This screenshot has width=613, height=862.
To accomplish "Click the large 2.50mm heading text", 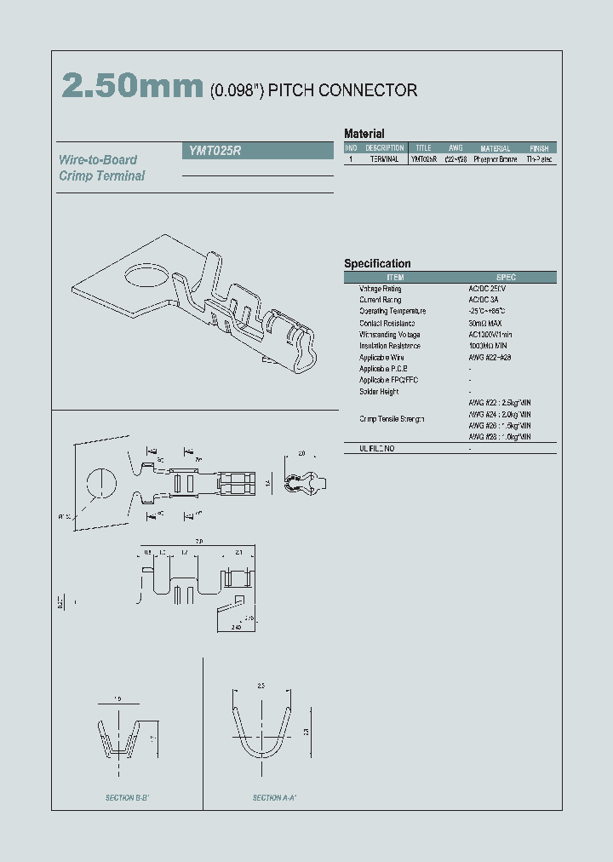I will pyautogui.click(x=132, y=87).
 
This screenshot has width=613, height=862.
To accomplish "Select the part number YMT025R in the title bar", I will pyautogui.click(x=212, y=150).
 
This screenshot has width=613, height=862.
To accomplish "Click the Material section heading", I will pyautogui.click(x=364, y=134).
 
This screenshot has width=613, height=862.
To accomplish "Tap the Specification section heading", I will pyautogui.click(x=377, y=264).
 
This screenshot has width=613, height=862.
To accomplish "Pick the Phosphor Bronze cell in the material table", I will pyautogui.click(x=496, y=159).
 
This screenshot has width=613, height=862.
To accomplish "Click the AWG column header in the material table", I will pyautogui.click(x=455, y=148).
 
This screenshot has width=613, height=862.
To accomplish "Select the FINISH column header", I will pyautogui.click(x=539, y=148).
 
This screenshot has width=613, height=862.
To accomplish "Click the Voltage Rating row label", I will pyautogui.click(x=380, y=289).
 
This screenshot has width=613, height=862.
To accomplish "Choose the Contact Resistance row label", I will pyautogui.click(x=387, y=323).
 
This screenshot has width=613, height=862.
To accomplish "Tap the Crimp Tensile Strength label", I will pyautogui.click(x=392, y=419).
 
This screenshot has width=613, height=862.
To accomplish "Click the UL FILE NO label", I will pyautogui.click(x=376, y=448).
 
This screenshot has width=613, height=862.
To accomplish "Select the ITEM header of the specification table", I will pyautogui.click(x=396, y=277).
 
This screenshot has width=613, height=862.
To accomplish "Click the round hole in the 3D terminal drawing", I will pyautogui.click(x=144, y=276).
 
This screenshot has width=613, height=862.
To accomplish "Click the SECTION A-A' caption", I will pyautogui.click(x=274, y=798).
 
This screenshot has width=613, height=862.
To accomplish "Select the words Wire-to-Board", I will pyautogui.click(x=98, y=159).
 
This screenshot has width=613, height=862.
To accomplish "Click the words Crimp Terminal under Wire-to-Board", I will pyautogui.click(x=102, y=175).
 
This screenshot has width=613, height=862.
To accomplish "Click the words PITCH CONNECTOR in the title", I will pyautogui.click(x=342, y=90).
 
